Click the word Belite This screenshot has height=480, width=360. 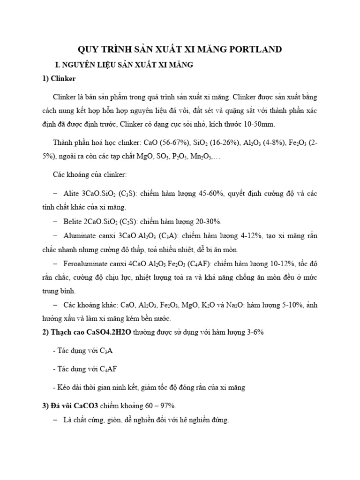point(73,221)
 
